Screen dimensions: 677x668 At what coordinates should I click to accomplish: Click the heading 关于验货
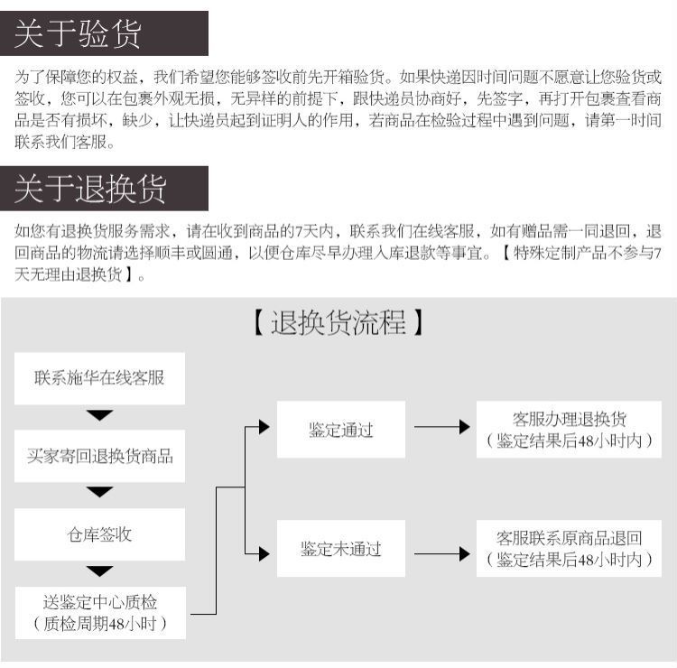click(78, 33)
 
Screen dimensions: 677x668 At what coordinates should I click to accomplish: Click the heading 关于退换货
click(90, 189)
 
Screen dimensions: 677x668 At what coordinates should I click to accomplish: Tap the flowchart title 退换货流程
click(338, 323)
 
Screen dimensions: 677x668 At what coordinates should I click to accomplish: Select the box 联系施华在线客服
click(99, 378)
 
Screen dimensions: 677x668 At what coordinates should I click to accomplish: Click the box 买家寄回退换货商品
click(99, 456)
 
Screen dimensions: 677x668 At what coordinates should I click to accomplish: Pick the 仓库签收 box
click(99, 534)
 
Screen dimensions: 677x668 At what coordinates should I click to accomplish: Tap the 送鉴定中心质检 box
click(100, 613)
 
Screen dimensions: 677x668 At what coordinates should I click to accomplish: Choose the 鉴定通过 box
click(341, 430)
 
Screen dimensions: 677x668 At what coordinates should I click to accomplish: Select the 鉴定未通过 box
click(341, 548)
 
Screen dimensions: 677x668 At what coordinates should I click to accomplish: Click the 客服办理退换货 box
click(569, 430)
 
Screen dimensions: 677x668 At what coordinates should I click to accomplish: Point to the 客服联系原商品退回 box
click(569, 548)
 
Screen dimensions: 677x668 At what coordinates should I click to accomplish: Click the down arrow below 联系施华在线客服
click(99, 415)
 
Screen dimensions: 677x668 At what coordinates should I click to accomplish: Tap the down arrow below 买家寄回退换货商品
click(99, 492)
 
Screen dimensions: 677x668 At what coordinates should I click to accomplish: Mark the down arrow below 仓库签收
click(99, 571)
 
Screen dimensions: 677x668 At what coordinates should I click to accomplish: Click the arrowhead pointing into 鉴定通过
click(264, 427)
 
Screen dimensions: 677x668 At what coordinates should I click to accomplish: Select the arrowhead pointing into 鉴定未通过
click(264, 553)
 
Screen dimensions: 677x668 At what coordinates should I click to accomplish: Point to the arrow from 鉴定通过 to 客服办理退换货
click(442, 427)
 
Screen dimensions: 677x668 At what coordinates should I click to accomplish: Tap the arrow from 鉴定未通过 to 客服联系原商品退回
click(442, 553)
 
